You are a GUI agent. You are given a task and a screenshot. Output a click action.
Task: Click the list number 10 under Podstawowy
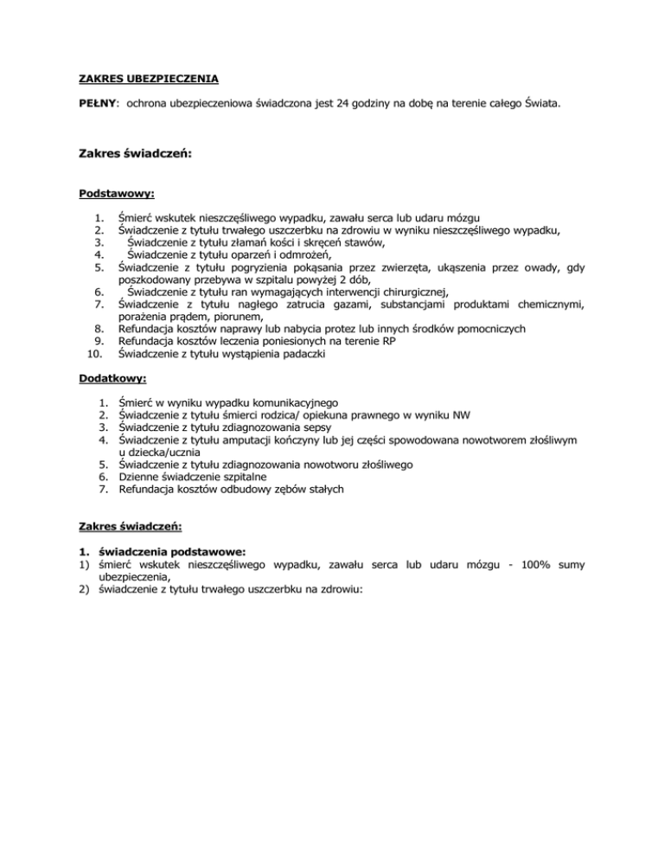[96, 353]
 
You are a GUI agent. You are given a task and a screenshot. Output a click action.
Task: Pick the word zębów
[271, 489]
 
